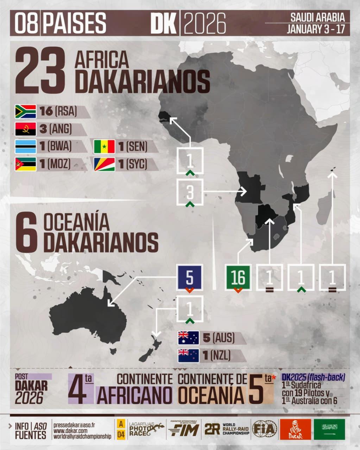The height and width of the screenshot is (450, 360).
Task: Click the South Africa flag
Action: (x=25, y=111)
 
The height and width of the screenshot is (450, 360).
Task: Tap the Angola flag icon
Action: (x=25, y=129)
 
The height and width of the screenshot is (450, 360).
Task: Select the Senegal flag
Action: (x=104, y=147)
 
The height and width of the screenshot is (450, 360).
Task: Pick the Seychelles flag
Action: (x=104, y=164)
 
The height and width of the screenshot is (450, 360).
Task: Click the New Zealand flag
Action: (x=188, y=356)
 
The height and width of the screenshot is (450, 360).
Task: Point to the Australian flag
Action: (x=188, y=338)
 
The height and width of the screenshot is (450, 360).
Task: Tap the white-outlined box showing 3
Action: (x=190, y=192)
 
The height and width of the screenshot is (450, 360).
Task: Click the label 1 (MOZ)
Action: (x=55, y=164)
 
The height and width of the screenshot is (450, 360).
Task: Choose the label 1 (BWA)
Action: (x=56, y=146)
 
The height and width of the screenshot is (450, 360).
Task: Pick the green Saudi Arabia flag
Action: (x=329, y=429)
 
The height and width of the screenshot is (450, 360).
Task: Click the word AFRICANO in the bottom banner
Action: (x=134, y=394)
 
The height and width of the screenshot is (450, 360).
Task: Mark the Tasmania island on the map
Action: (x=113, y=351)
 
